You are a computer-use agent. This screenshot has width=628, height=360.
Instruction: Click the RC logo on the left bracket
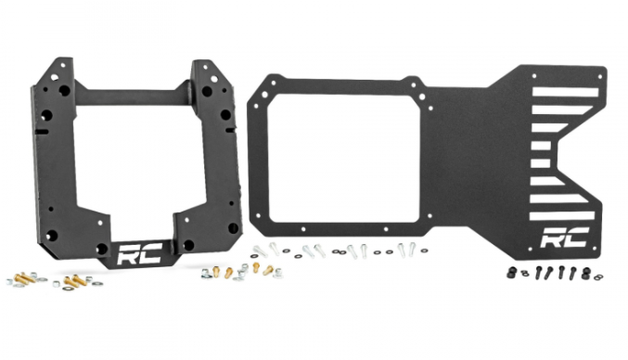tap(141, 253)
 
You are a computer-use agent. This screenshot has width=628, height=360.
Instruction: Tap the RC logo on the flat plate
tap(565, 238)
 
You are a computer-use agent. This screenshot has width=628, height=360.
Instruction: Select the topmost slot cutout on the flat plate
tap(565, 92)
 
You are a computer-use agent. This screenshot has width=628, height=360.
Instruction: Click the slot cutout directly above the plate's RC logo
tap(562, 216)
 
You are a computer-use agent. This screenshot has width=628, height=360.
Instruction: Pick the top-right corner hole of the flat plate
tap(599, 76)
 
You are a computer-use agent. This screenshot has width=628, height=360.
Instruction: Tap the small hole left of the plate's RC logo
tap(531, 250)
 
